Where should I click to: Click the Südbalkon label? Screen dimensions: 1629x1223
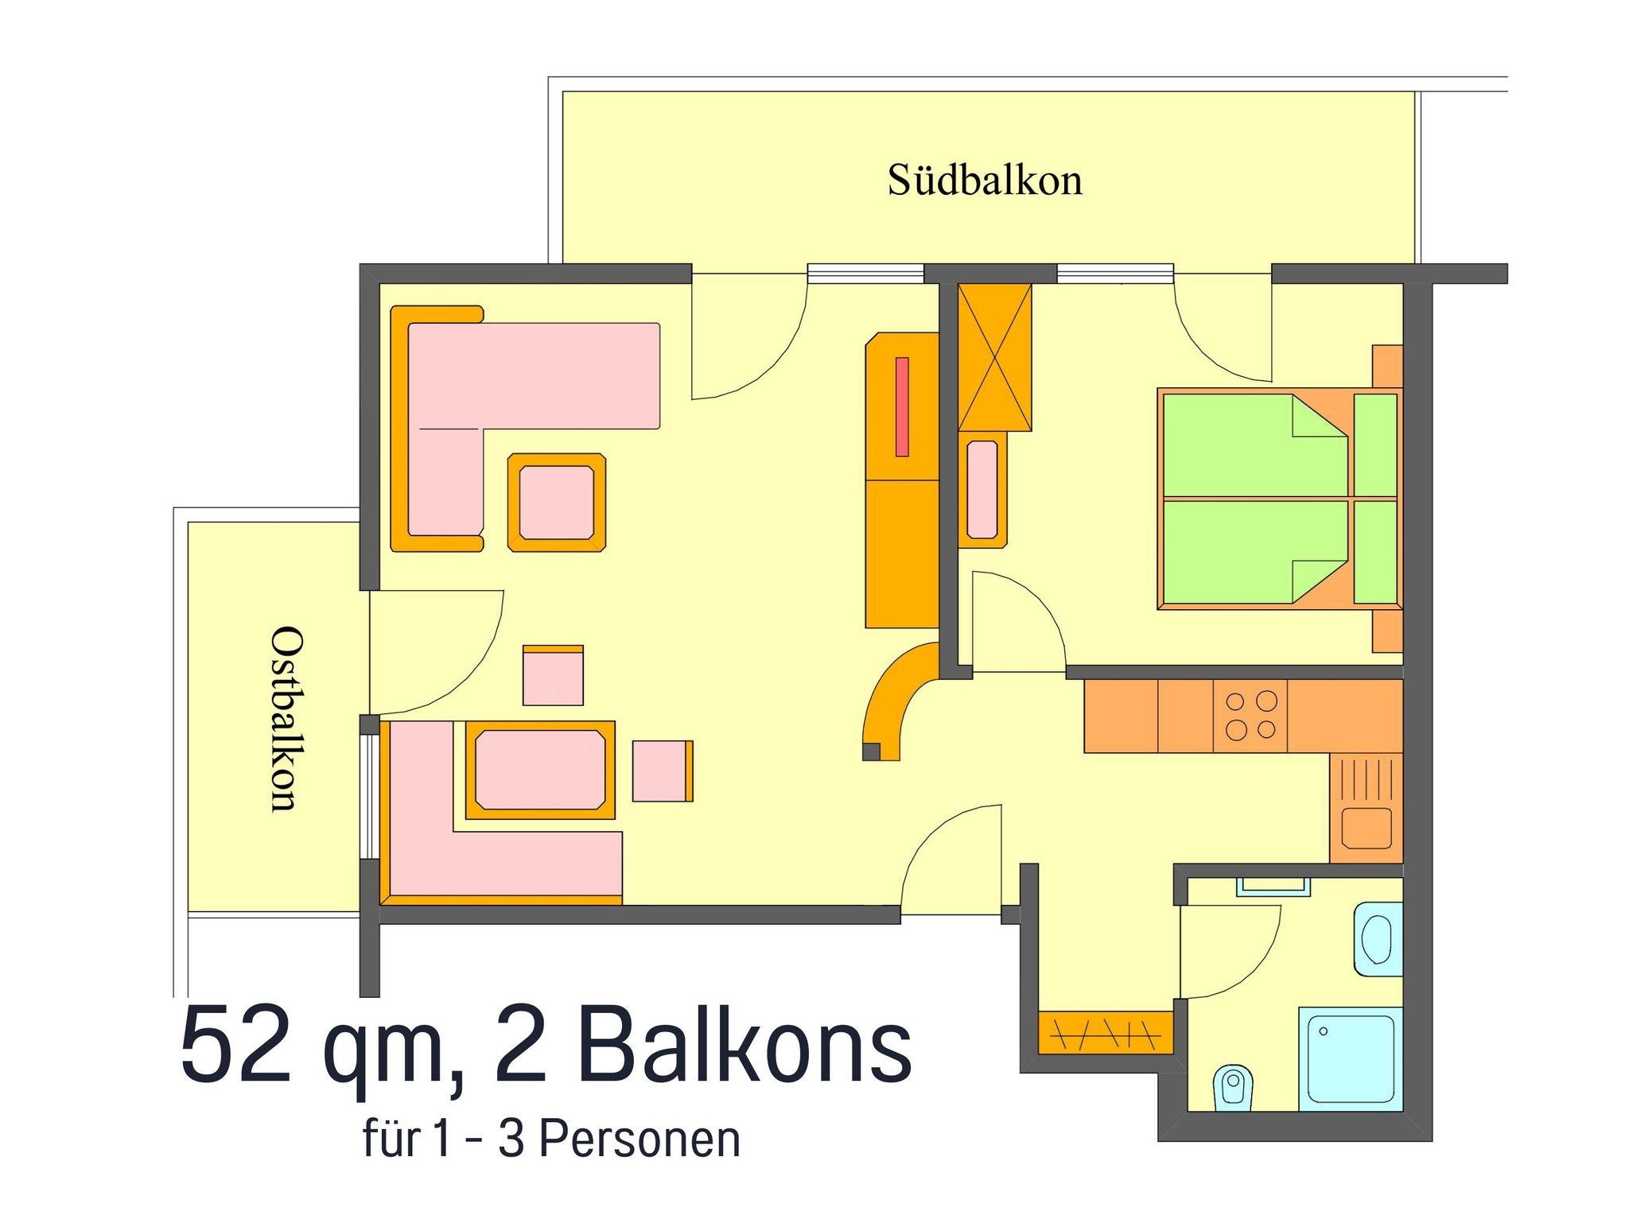pos(985,180)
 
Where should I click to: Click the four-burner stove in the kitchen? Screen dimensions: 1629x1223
pos(1250,716)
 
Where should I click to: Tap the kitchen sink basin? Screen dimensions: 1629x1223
pos(1367,828)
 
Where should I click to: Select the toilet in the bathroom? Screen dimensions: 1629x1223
pos(1234,1086)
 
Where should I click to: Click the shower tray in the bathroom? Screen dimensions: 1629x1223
pos(1351,1058)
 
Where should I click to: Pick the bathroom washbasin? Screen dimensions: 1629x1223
pos(1378,939)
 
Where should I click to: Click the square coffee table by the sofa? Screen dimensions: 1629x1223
pos(557,503)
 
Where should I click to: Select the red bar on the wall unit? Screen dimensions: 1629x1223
pos(902,406)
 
